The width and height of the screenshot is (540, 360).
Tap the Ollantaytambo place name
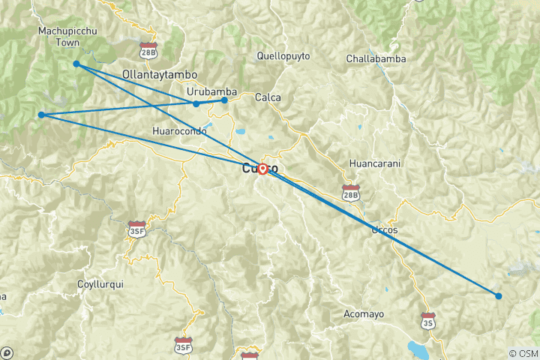tap(160, 75)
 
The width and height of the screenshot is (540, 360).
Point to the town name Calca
tap(268, 97)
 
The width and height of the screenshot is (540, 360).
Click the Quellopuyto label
tap(283, 55)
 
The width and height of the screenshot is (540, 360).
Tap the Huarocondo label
tap(179, 130)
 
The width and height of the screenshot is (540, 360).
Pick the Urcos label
tap(384, 229)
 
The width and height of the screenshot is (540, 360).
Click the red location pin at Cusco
tap(262, 169)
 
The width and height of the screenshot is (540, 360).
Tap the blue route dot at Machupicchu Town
tap(76, 64)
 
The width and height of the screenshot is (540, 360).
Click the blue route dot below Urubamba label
tap(196, 103)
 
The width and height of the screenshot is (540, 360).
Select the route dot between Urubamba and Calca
tap(224, 100)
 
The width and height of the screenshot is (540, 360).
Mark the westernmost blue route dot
tap(41, 115)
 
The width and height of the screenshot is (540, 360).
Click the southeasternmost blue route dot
tap(498, 295)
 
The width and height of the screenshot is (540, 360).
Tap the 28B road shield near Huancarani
tap(350, 193)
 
